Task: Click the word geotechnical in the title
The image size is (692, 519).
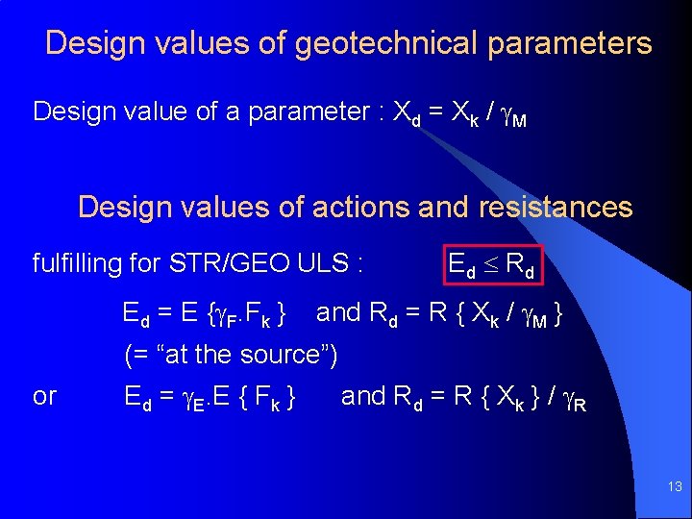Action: point(398,43)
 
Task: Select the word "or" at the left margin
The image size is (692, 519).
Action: point(44,396)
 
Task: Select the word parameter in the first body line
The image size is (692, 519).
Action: point(308,111)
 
